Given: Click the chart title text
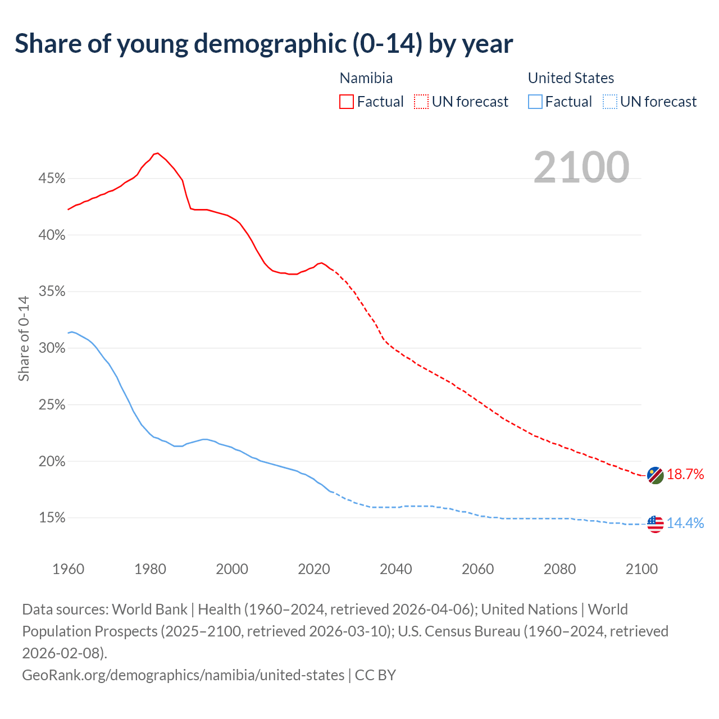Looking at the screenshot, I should coord(263,44).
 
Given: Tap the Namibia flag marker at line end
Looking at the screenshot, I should coord(656,475).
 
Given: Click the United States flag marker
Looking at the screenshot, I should coord(656,524).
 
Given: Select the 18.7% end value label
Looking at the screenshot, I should coord(685,475).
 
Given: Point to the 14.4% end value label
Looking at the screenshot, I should coord(685,524).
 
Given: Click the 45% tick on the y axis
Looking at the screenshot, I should coord(52,179).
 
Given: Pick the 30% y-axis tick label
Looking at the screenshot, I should coord(52,348).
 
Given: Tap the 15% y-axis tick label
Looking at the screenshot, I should coord(52,518).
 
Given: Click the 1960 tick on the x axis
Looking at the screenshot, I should coord(69,569).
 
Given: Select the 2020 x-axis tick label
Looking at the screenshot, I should coord(314,569).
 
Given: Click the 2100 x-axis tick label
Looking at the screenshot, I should coord(641,569).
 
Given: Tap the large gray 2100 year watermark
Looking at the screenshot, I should coord(581,167).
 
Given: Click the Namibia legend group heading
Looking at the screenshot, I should coord(366,78).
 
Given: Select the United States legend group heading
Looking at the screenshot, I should coord(571,78).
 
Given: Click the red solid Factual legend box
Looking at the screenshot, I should coord(347,102).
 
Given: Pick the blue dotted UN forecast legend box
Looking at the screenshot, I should coord(609,102).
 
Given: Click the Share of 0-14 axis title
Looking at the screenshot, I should coord(24,339).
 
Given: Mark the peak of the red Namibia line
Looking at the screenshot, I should coord(157,153).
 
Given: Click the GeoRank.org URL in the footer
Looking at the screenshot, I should coord(183,675).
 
